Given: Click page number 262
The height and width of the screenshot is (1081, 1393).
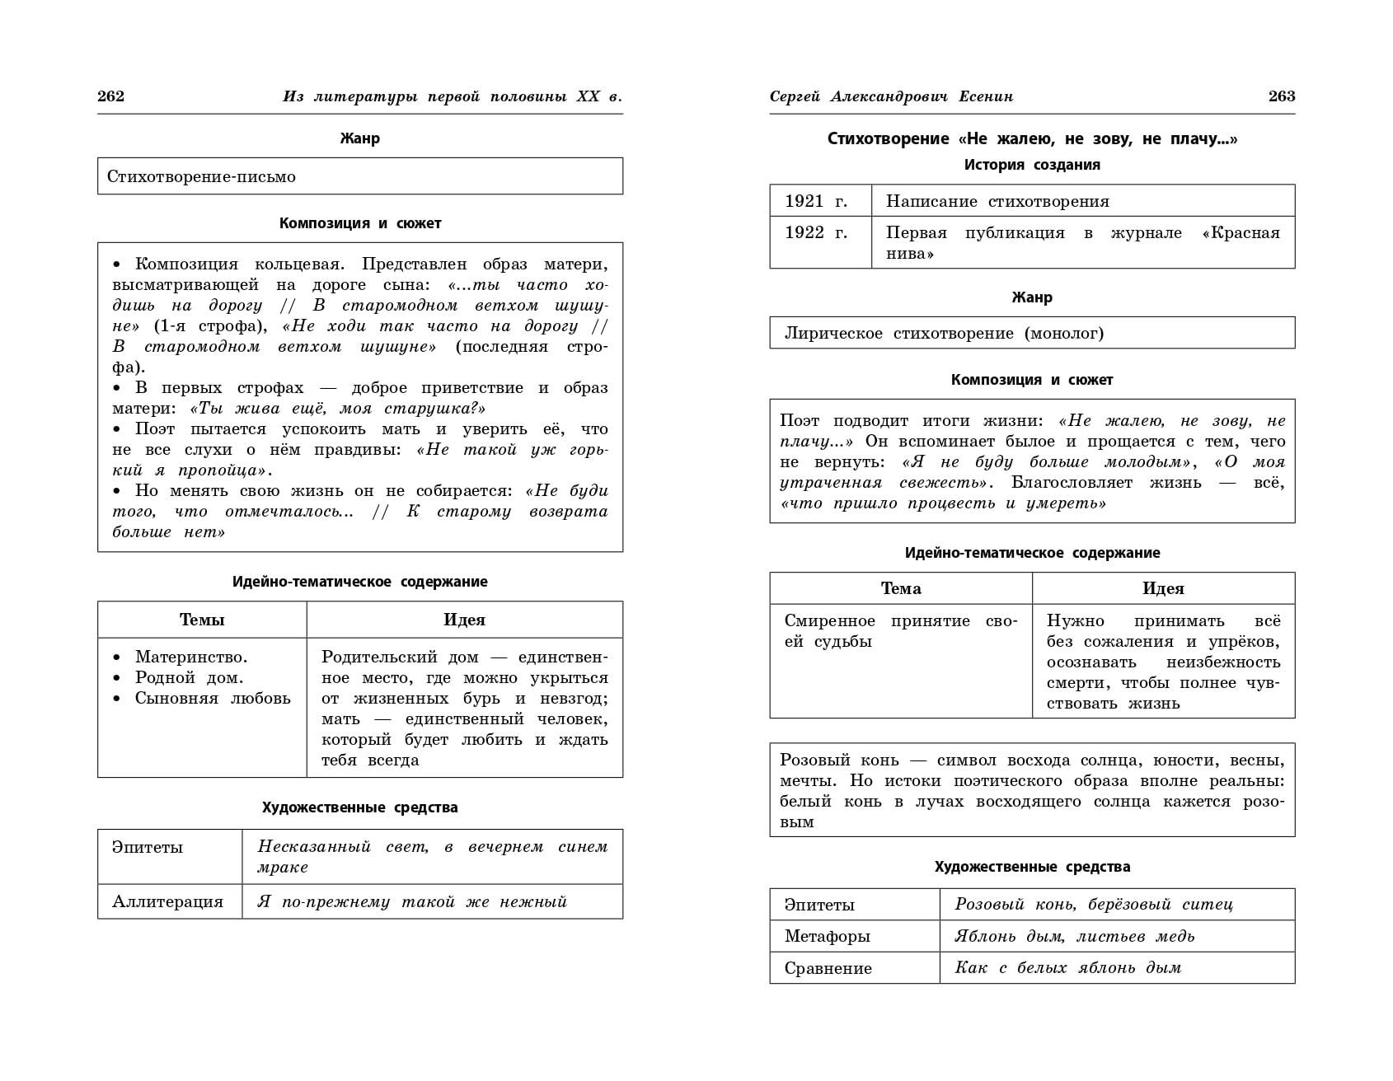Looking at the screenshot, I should pyautogui.click(x=110, y=96).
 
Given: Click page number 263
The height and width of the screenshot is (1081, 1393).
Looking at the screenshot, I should pyautogui.click(x=1282, y=96).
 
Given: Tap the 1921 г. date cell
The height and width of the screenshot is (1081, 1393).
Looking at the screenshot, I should pyautogui.click(x=816, y=201).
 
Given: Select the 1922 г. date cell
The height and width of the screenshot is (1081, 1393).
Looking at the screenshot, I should pyautogui.click(x=816, y=233).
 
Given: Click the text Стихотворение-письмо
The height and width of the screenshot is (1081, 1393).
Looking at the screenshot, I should pyautogui.click(x=201, y=176).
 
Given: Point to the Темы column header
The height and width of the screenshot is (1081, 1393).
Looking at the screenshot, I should pyautogui.click(x=202, y=620).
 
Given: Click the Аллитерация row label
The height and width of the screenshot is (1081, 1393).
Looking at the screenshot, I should pyautogui.click(x=168, y=901).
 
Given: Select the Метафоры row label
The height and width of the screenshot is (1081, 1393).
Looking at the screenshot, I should pyautogui.click(x=828, y=936).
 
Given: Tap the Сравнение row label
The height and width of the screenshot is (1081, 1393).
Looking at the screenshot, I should pyautogui.click(x=828, y=968).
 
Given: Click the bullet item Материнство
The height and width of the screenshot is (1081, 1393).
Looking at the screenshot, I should pyautogui.click(x=191, y=657).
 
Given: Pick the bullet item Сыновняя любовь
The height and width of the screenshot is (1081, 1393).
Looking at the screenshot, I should pyautogui.click(x=213, y=698).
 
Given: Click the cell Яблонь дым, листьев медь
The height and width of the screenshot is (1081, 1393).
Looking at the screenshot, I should pyautogui.click(x=1075, y=936).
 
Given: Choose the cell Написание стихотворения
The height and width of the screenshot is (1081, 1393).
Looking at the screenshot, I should pyautogui.click(x=997, y=201).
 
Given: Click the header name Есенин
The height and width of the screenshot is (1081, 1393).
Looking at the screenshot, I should pyautogui.click(x=986, y=96).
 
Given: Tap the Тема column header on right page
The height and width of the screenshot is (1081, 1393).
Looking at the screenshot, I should pyautogui.click(x=901, y=588).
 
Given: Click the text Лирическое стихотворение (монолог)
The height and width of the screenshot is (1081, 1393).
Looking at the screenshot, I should pyautogui.click(x=944, y=333).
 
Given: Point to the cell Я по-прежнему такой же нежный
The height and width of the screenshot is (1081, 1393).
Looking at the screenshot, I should pyautogui.click(x=412, y=901).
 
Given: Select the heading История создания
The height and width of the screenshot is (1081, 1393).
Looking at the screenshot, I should pyautogui.click(x=1032, y=165).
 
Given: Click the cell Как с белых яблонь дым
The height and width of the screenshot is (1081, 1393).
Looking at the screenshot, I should pyautogui.click(x=1068, y=968).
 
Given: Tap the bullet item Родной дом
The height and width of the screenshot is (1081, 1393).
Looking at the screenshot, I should pyautogui.click(x=189, y=677).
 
